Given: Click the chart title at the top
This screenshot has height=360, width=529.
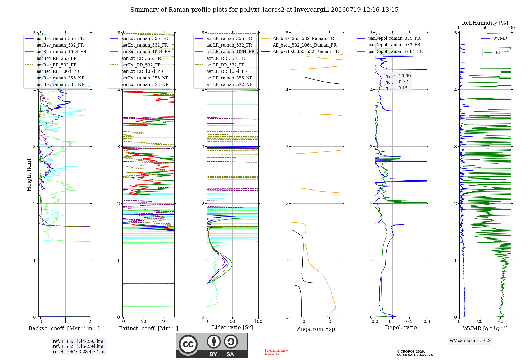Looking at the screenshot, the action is pyautogui.click(x=264, y=10).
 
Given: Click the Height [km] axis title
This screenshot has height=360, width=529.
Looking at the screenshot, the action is pyautogui.click(x=29, y=175).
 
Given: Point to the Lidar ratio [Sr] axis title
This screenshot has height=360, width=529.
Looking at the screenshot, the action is pyautogui.click(x=232, y=327).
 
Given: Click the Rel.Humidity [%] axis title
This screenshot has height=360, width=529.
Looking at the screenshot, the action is pyautogui.click(x=485, y=23).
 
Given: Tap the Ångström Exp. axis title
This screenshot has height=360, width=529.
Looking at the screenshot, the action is pyautogui.click(x=317, y=329).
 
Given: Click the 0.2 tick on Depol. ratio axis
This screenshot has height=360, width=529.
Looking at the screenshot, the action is pyautogui.click(x=409, y=321).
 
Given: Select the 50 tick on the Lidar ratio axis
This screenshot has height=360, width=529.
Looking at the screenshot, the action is pyautogui.click(x=232, y=321).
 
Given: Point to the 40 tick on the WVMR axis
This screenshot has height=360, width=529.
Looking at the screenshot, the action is pyautogui.click(x=501, y=321).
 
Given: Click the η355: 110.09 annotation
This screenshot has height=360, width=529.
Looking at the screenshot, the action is pyautogui.click(x=398, y=76).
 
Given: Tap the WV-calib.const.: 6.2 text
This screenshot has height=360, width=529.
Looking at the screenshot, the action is pyautogui.click(x=470, y=340).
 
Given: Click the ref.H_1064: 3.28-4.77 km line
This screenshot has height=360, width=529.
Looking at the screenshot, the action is pyautogui.click(x=79, y=352).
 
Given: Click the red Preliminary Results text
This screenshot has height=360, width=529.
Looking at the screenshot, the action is pyautogui.click(x=276, y=352).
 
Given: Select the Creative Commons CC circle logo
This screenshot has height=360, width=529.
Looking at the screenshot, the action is pyautogui.click(x=188, y=344).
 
